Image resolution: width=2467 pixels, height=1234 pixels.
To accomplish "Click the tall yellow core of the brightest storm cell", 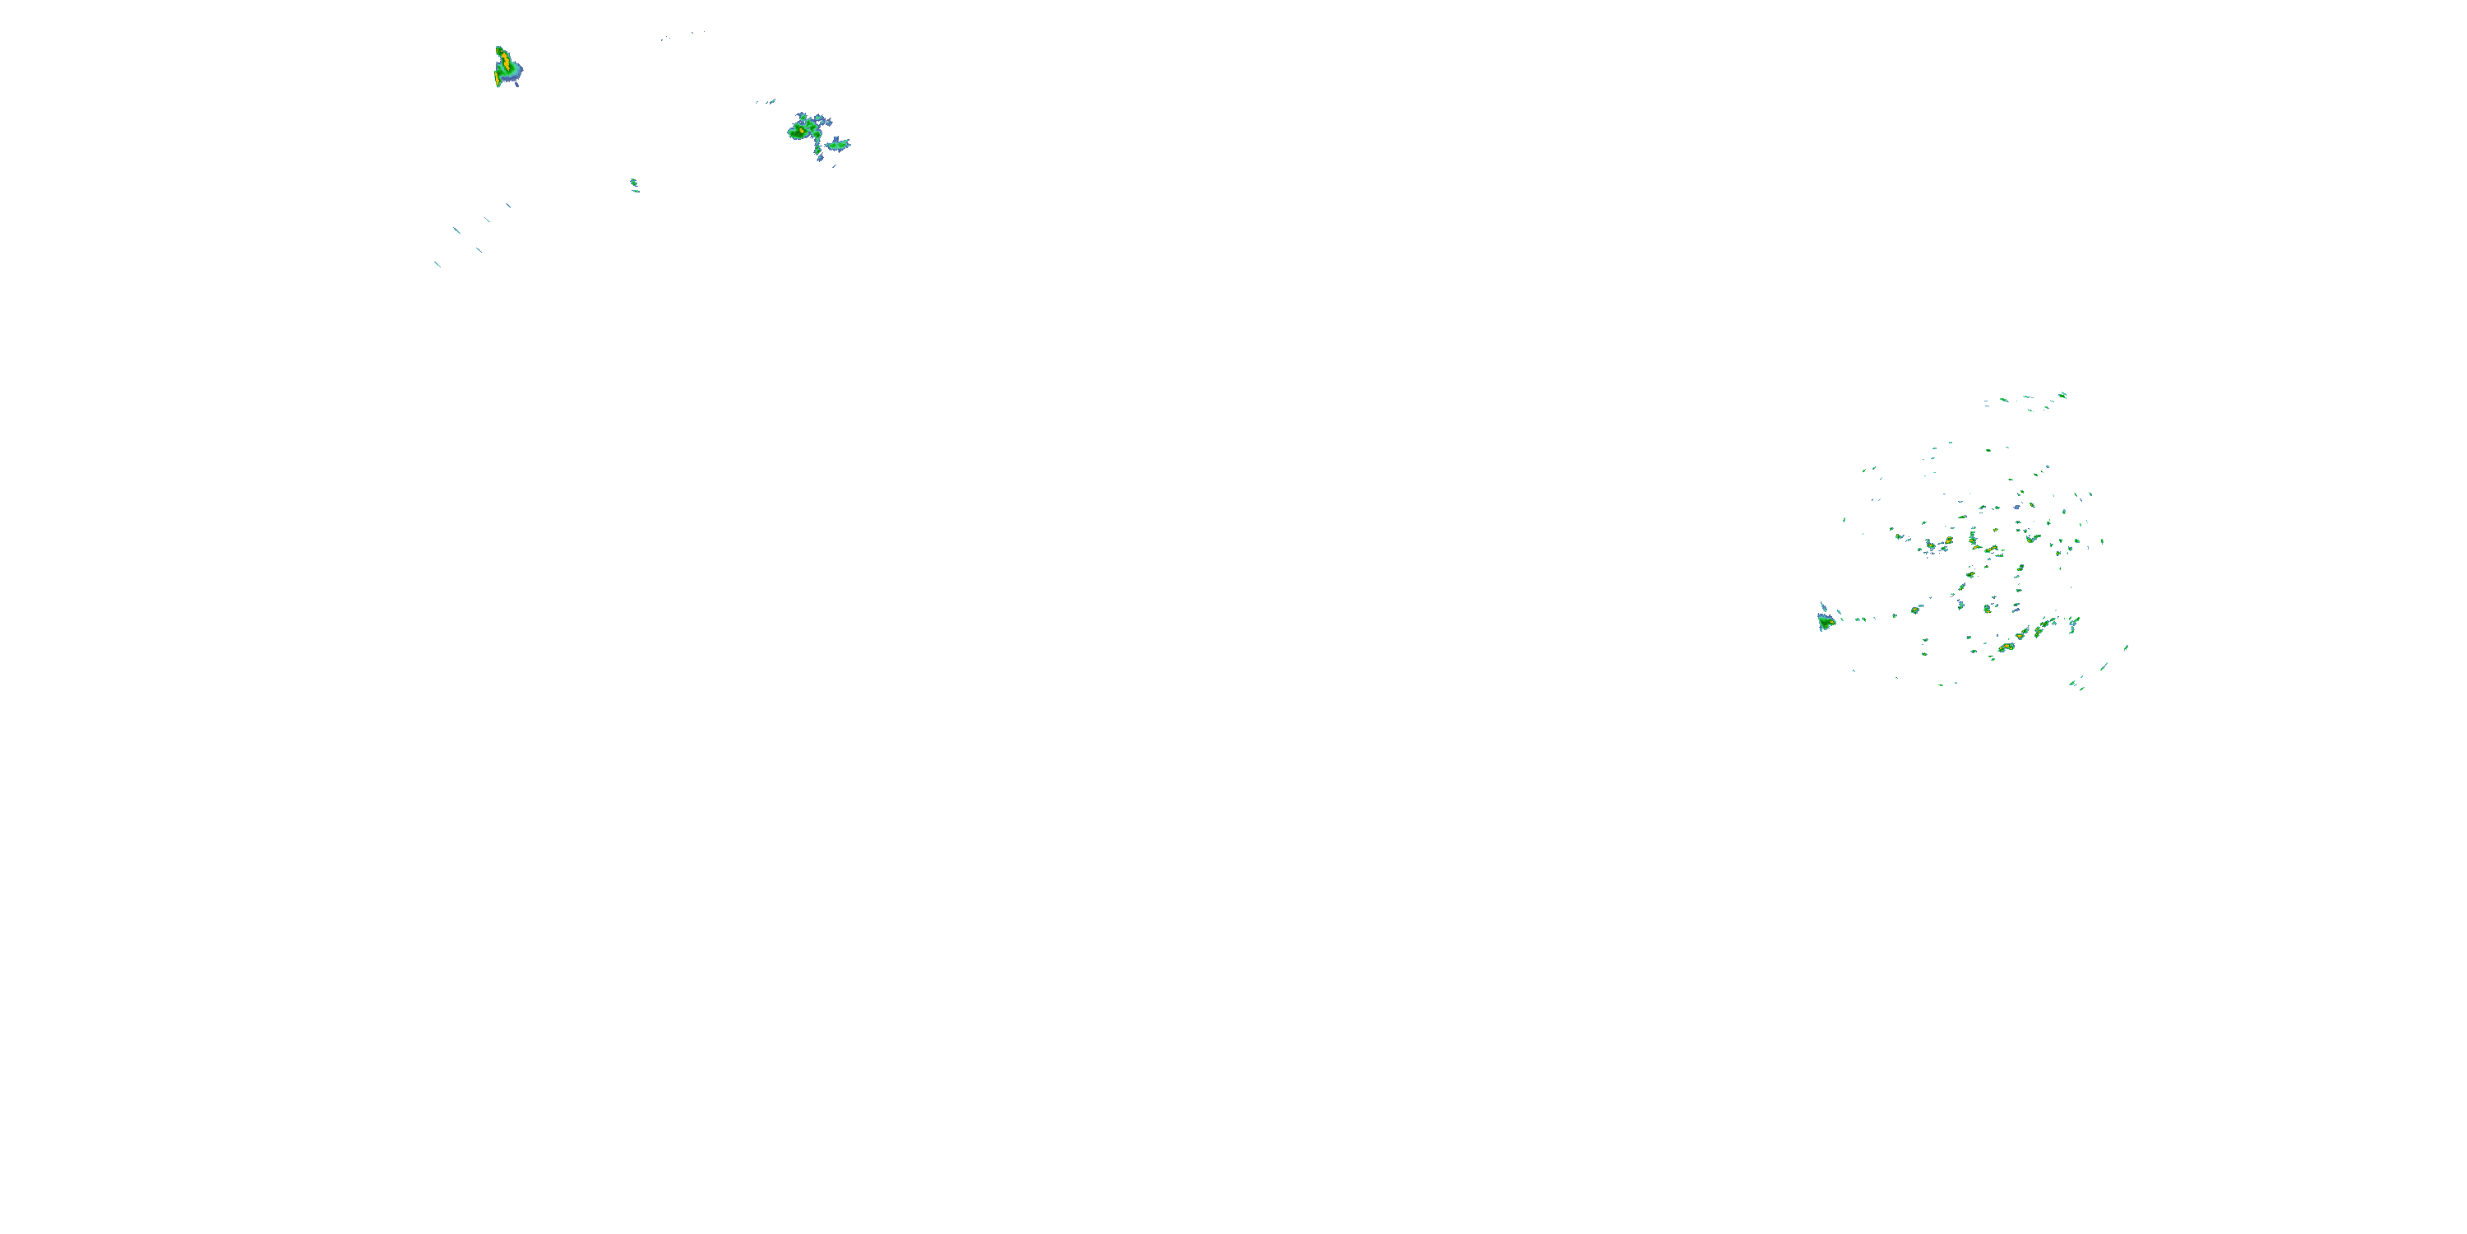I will (504, 63).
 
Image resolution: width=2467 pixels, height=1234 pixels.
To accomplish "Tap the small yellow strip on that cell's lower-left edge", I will (496, 81).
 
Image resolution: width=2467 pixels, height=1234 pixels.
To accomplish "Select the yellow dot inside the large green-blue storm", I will (802, 129).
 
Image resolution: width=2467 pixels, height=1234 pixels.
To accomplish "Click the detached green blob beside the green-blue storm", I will (839, 145).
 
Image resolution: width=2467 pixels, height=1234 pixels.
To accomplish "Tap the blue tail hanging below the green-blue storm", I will (820, 153).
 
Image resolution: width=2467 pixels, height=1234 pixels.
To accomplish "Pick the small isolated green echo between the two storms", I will (633, 182).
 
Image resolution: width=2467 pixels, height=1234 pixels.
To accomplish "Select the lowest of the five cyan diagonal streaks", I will (437, 263).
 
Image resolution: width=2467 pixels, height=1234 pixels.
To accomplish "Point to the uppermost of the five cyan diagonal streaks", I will (507, 205).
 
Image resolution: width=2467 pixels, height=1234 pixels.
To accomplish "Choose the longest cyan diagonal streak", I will (457, 230).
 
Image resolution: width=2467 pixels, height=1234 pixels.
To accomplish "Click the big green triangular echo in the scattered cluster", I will (1826, 623).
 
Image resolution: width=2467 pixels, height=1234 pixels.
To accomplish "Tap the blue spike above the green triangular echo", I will (1821, 607).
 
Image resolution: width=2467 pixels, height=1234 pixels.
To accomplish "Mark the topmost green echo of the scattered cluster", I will (2062, 394).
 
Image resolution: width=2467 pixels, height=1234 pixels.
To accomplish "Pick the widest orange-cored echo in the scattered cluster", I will (2006, 647).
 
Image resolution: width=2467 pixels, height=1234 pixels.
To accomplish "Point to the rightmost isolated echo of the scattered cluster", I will (2126, 647).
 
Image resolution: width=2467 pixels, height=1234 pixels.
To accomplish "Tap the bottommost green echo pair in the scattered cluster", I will (2076, 684).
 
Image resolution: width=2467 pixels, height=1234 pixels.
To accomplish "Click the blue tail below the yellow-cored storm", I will (516, 82).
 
